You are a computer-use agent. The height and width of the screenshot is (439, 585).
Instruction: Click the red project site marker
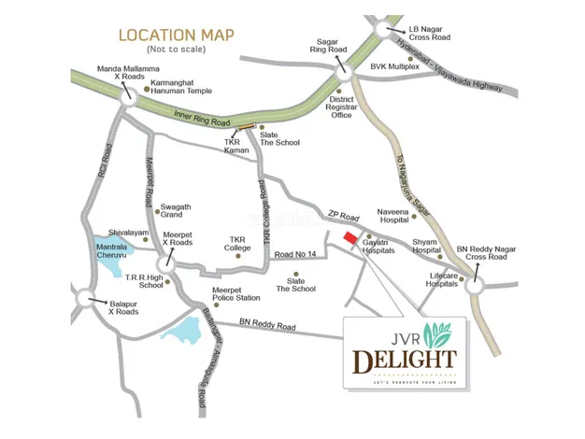[x=351, y=240]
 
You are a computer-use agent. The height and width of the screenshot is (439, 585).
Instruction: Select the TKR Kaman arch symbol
[x=246, y=126]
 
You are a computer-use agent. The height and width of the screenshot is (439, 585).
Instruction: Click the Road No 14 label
[x=297, y=253]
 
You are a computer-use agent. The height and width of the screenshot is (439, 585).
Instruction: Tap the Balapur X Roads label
[x=116, y=307]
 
